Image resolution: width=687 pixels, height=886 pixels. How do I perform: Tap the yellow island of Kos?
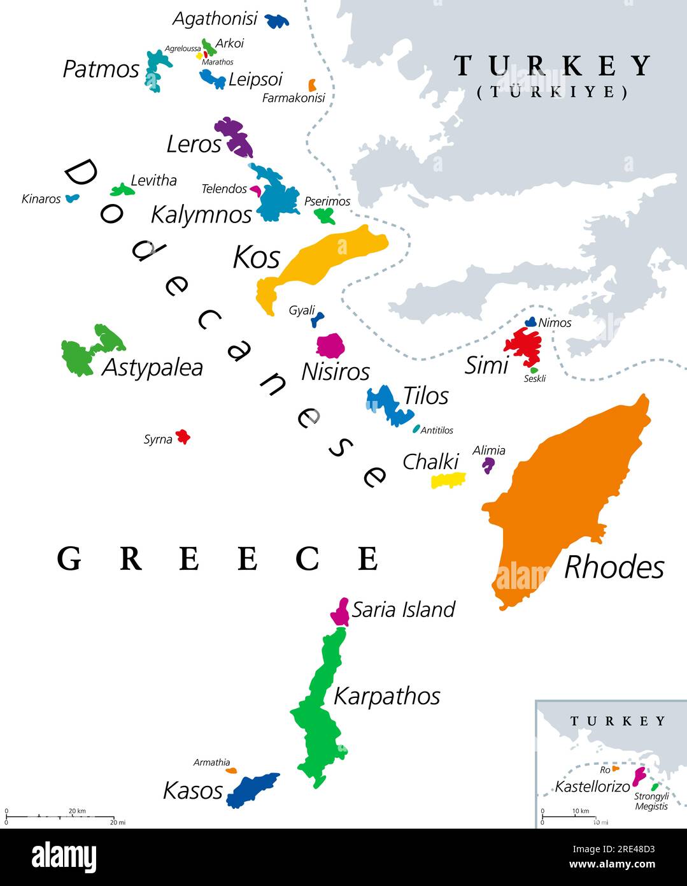pos(331,255)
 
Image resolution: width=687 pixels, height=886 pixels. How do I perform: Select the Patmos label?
pos(101,69)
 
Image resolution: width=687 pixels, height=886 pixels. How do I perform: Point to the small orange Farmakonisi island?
pos(312,85)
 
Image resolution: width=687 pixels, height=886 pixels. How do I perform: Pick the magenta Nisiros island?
pos(330,345)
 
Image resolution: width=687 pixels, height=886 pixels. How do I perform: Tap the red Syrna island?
pos(183,437)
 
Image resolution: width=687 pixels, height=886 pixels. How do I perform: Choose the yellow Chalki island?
pos(448,480)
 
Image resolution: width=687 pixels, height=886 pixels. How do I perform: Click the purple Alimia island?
pos(488,465)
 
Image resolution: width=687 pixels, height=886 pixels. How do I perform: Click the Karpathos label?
pos(386,695)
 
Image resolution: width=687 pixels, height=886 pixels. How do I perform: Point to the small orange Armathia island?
pos(231,771)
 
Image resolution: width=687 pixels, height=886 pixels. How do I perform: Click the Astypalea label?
pos(152,367)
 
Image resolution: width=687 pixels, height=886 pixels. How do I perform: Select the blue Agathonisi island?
pos(276,21)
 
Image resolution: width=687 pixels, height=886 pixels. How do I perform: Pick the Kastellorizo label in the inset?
pos(592,787)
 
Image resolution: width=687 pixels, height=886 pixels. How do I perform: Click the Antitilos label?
pos(437,430)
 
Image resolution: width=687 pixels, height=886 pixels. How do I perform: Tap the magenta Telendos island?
pos(255,189)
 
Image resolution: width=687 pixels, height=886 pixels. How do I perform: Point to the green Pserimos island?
pos(325,216)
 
